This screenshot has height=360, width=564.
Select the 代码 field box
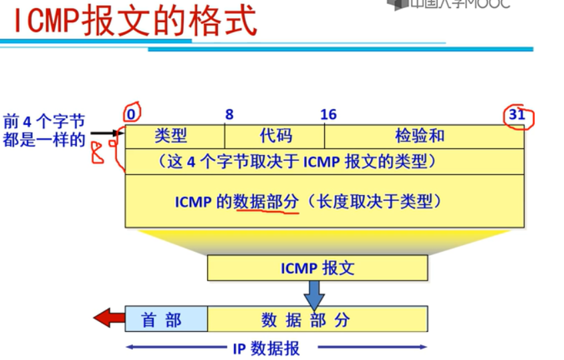275,136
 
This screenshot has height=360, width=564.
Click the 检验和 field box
424,136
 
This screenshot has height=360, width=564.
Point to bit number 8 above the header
229,114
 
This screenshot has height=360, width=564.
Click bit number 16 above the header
328,114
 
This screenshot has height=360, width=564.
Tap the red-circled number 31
517,114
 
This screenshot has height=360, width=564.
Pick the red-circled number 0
131,114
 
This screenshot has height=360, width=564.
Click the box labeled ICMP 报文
317,268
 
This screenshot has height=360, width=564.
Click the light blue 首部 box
166,319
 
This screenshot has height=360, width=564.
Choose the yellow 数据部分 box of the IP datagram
317,319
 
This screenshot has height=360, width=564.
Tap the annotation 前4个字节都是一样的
44,132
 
